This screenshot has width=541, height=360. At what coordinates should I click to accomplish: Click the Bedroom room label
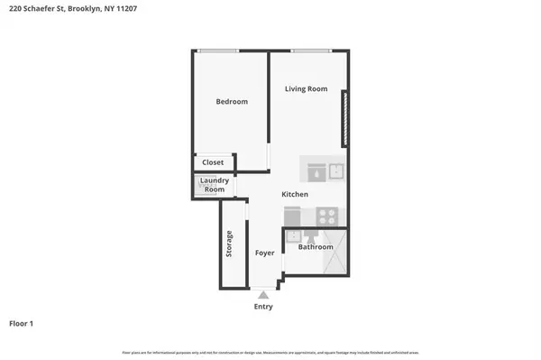(x=232, y=102)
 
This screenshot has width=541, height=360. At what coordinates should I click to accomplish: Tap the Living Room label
(x=306, y=88)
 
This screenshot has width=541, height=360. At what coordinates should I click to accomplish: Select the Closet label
(x=213, y=162)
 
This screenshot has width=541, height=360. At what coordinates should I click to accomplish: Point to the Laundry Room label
(x=214, y=185)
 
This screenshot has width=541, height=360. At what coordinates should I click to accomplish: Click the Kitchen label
(x=295, y=195)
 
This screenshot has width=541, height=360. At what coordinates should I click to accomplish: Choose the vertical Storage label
(x=230, y=245)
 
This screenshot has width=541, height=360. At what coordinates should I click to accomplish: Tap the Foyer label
(x=264, y=254)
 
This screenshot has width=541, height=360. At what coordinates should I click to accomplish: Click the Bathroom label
(x=316, y=247)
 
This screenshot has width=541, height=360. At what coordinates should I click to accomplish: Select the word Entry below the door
(x=262, y=307)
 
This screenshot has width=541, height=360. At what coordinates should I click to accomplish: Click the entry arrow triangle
(x=262, y=294)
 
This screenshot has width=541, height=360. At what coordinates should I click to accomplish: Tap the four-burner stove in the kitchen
(x=326, y=216)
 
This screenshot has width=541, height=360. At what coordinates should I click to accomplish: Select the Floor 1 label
(x=23, y=323)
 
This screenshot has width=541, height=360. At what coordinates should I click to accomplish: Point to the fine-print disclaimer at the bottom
(x=270, y=352)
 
